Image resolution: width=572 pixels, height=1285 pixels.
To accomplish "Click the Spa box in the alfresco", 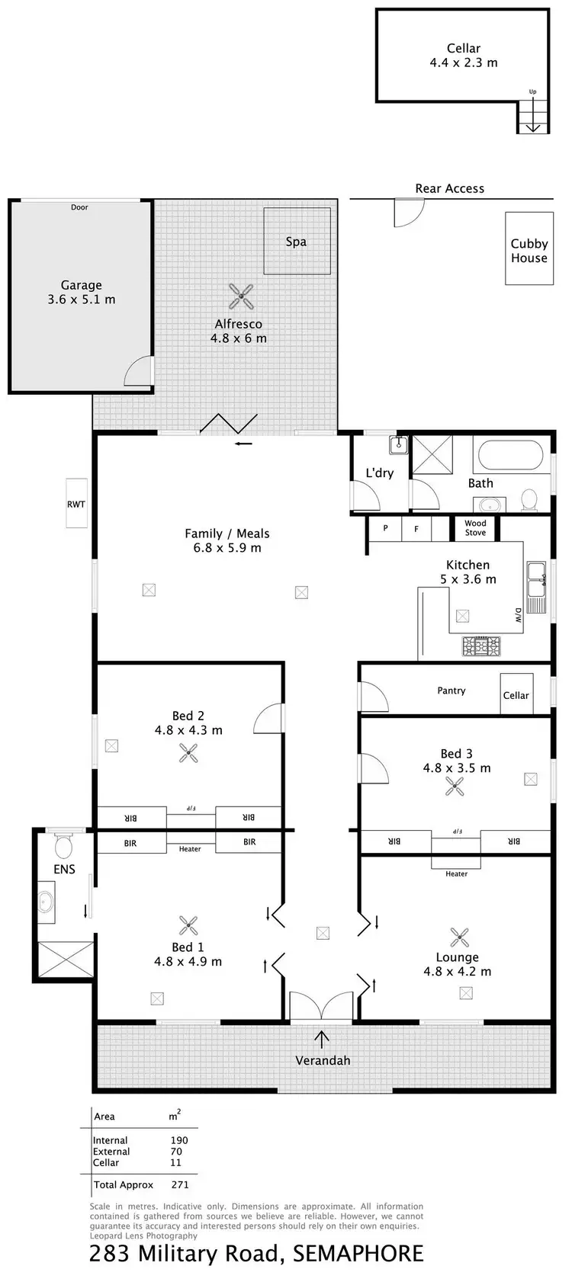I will pyautogui.click(x=297, y=242).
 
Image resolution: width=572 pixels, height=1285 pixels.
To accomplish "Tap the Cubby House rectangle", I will pyautogui.click(x=529, y=249).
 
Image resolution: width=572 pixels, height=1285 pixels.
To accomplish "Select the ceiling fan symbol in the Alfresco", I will pyautogui.click(x=241, y=296).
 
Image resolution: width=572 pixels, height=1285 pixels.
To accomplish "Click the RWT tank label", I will pyautogui.click(x=76, y=504).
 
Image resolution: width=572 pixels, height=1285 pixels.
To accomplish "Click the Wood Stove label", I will pyautogui.click(x=475, y=528).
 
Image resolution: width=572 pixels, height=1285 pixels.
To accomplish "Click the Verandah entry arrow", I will pyautogui.click(x=322, y=1038).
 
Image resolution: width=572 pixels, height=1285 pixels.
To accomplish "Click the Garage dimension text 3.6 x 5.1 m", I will pyautogui.click(x=82, y=300).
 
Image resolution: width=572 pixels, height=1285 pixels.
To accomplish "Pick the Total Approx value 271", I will pyautogui.click(x=180, y=1184).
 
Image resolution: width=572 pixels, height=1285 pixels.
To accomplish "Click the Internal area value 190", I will pyautogui.click(x=179, y=1140).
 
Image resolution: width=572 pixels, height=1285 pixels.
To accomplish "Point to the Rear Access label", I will pyautogui.click(x=449, y=188).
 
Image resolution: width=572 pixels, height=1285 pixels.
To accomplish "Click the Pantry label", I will pyautogui.click(x=451, y=691).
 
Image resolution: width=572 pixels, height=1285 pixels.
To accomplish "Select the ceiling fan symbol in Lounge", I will pyautogui.click(x=458, y=937).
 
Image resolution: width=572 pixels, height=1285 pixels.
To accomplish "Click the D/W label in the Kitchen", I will pyautogui.click(x=518, y=616).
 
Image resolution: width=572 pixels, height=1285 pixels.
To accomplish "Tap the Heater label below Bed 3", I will pyautogui.click(x=456, y=874).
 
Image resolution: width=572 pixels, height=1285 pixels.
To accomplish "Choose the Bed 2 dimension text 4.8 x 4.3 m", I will pyautogui.click(x=188, y=730).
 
